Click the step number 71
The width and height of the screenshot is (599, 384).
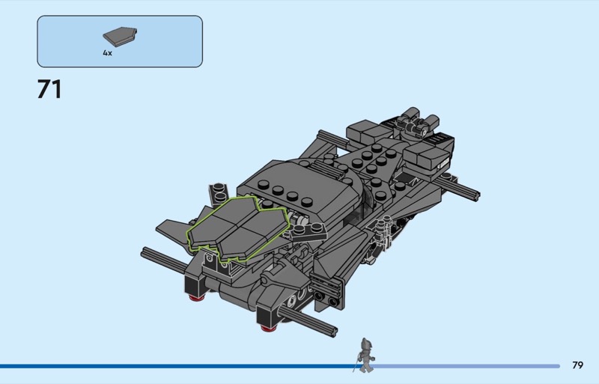[x=49, y=89]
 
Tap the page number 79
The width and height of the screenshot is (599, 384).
[x=577, y=365]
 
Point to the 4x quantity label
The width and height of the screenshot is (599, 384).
[x=107, y=53]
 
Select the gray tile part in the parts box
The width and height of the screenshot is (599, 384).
[x=120, y=37]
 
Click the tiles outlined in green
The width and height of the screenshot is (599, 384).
[x=237, y=228]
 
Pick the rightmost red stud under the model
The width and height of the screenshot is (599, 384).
[x=269, y=327]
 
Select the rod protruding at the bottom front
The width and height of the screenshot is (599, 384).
[x=308, y=322]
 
